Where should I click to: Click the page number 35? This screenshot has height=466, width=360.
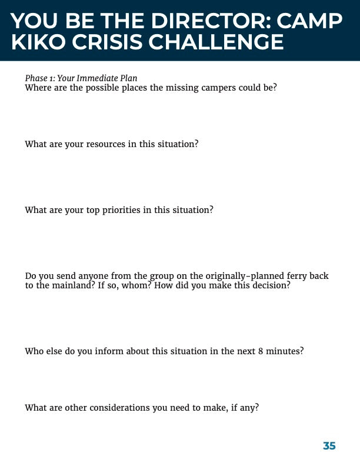(x=329, y=446)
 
